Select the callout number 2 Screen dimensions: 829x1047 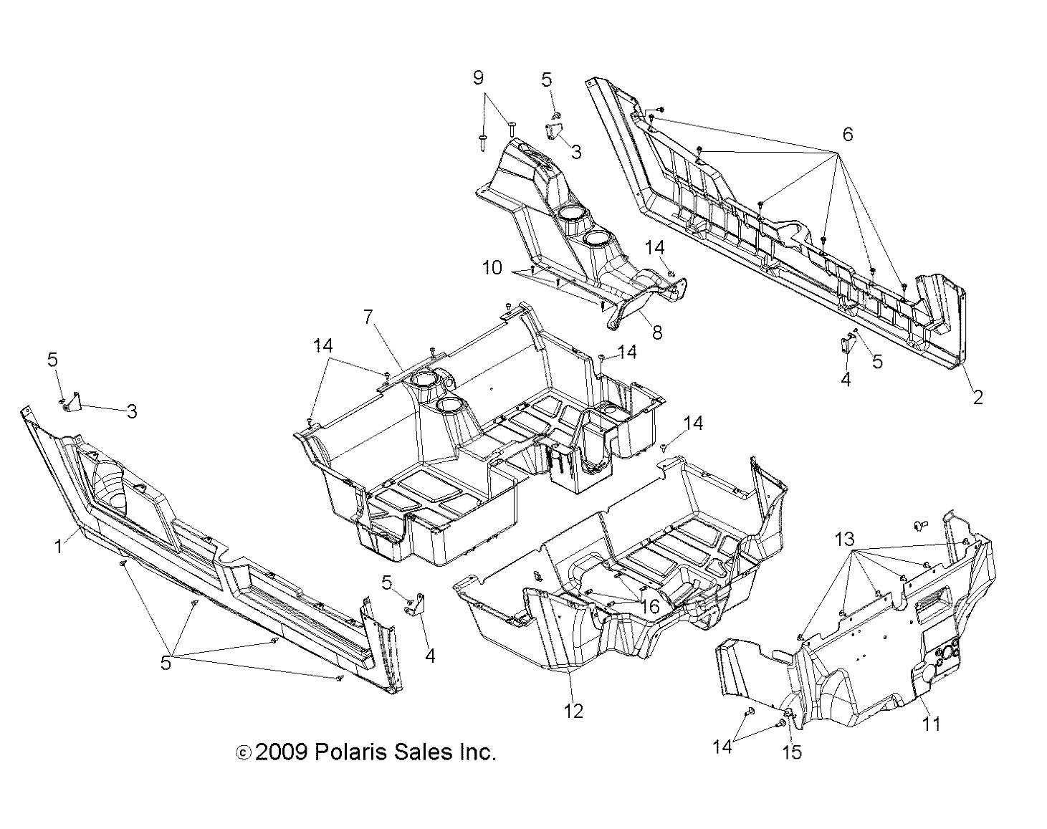click(x=977, y=396)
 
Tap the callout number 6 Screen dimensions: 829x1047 click(x=847, y=134)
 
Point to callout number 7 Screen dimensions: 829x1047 click(x=368, y=316)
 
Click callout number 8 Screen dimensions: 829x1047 click(x=657, y=332)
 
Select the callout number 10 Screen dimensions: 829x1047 click(x=492, y=268)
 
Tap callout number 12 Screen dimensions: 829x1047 click(x=573, y=710)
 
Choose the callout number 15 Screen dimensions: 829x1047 click(x=793, y=752)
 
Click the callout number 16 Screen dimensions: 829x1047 click(x=649, y=607)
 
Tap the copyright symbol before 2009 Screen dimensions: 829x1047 click(x=243, y=753)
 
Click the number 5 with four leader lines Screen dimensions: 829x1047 click(x=166, y=663)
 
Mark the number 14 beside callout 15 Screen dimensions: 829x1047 click(x=722, y=747)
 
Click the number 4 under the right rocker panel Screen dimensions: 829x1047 click(x=846, y=379)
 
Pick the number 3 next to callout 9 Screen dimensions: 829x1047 click(x=575, y=152)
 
